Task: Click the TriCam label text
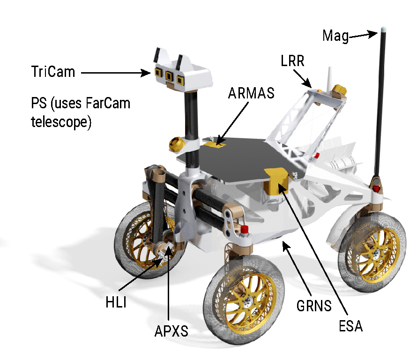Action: pyautogui.click(x=52, y=73)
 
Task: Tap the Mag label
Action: pyautogui.click(x=335, y=36)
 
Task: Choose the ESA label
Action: pyautogui.click(x=350, y=325)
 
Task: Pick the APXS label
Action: pyautogui.click(x=171, y=331)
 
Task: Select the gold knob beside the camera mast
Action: pyautogui.click(x=177, y=143)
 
